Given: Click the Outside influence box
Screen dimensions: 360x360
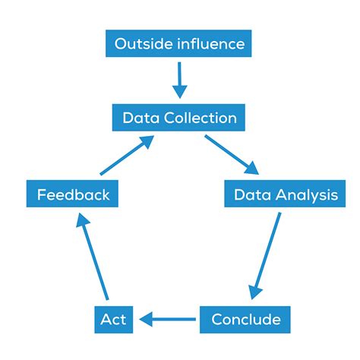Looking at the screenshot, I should pos(179,43).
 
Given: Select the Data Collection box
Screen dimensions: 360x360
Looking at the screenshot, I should pos(179,118).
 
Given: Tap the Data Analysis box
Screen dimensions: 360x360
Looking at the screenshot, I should pos(285,195).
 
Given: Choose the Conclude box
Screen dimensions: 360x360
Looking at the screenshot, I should pos(245,319).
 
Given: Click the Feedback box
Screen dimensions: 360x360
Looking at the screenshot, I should pos(73,195).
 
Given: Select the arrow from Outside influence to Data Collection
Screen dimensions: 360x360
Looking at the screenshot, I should pos(179,80).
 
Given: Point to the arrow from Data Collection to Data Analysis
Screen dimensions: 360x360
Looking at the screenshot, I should pos(232,155).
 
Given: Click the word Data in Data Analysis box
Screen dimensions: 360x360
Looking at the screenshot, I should pos(251,195).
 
